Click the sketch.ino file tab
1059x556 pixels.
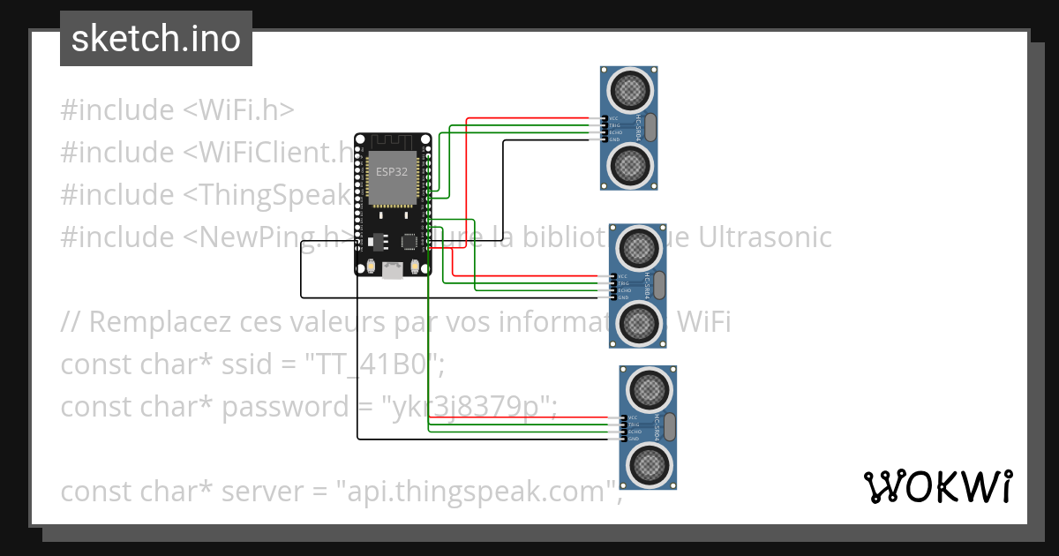[x=155, y=39]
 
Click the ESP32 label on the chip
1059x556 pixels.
[x=392, y=171]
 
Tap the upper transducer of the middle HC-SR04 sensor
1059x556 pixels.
[x=638, y=248]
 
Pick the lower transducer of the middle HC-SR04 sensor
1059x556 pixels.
[x=638, y=323]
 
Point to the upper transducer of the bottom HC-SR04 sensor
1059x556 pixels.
[x=648, y=389]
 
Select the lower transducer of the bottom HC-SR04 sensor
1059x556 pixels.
[x=648, y=463]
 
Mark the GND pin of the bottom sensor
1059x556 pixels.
[x=621, y=439]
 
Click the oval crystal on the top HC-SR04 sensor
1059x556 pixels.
[x=651, y=128]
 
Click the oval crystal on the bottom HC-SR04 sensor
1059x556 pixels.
[x=670, y=427]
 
